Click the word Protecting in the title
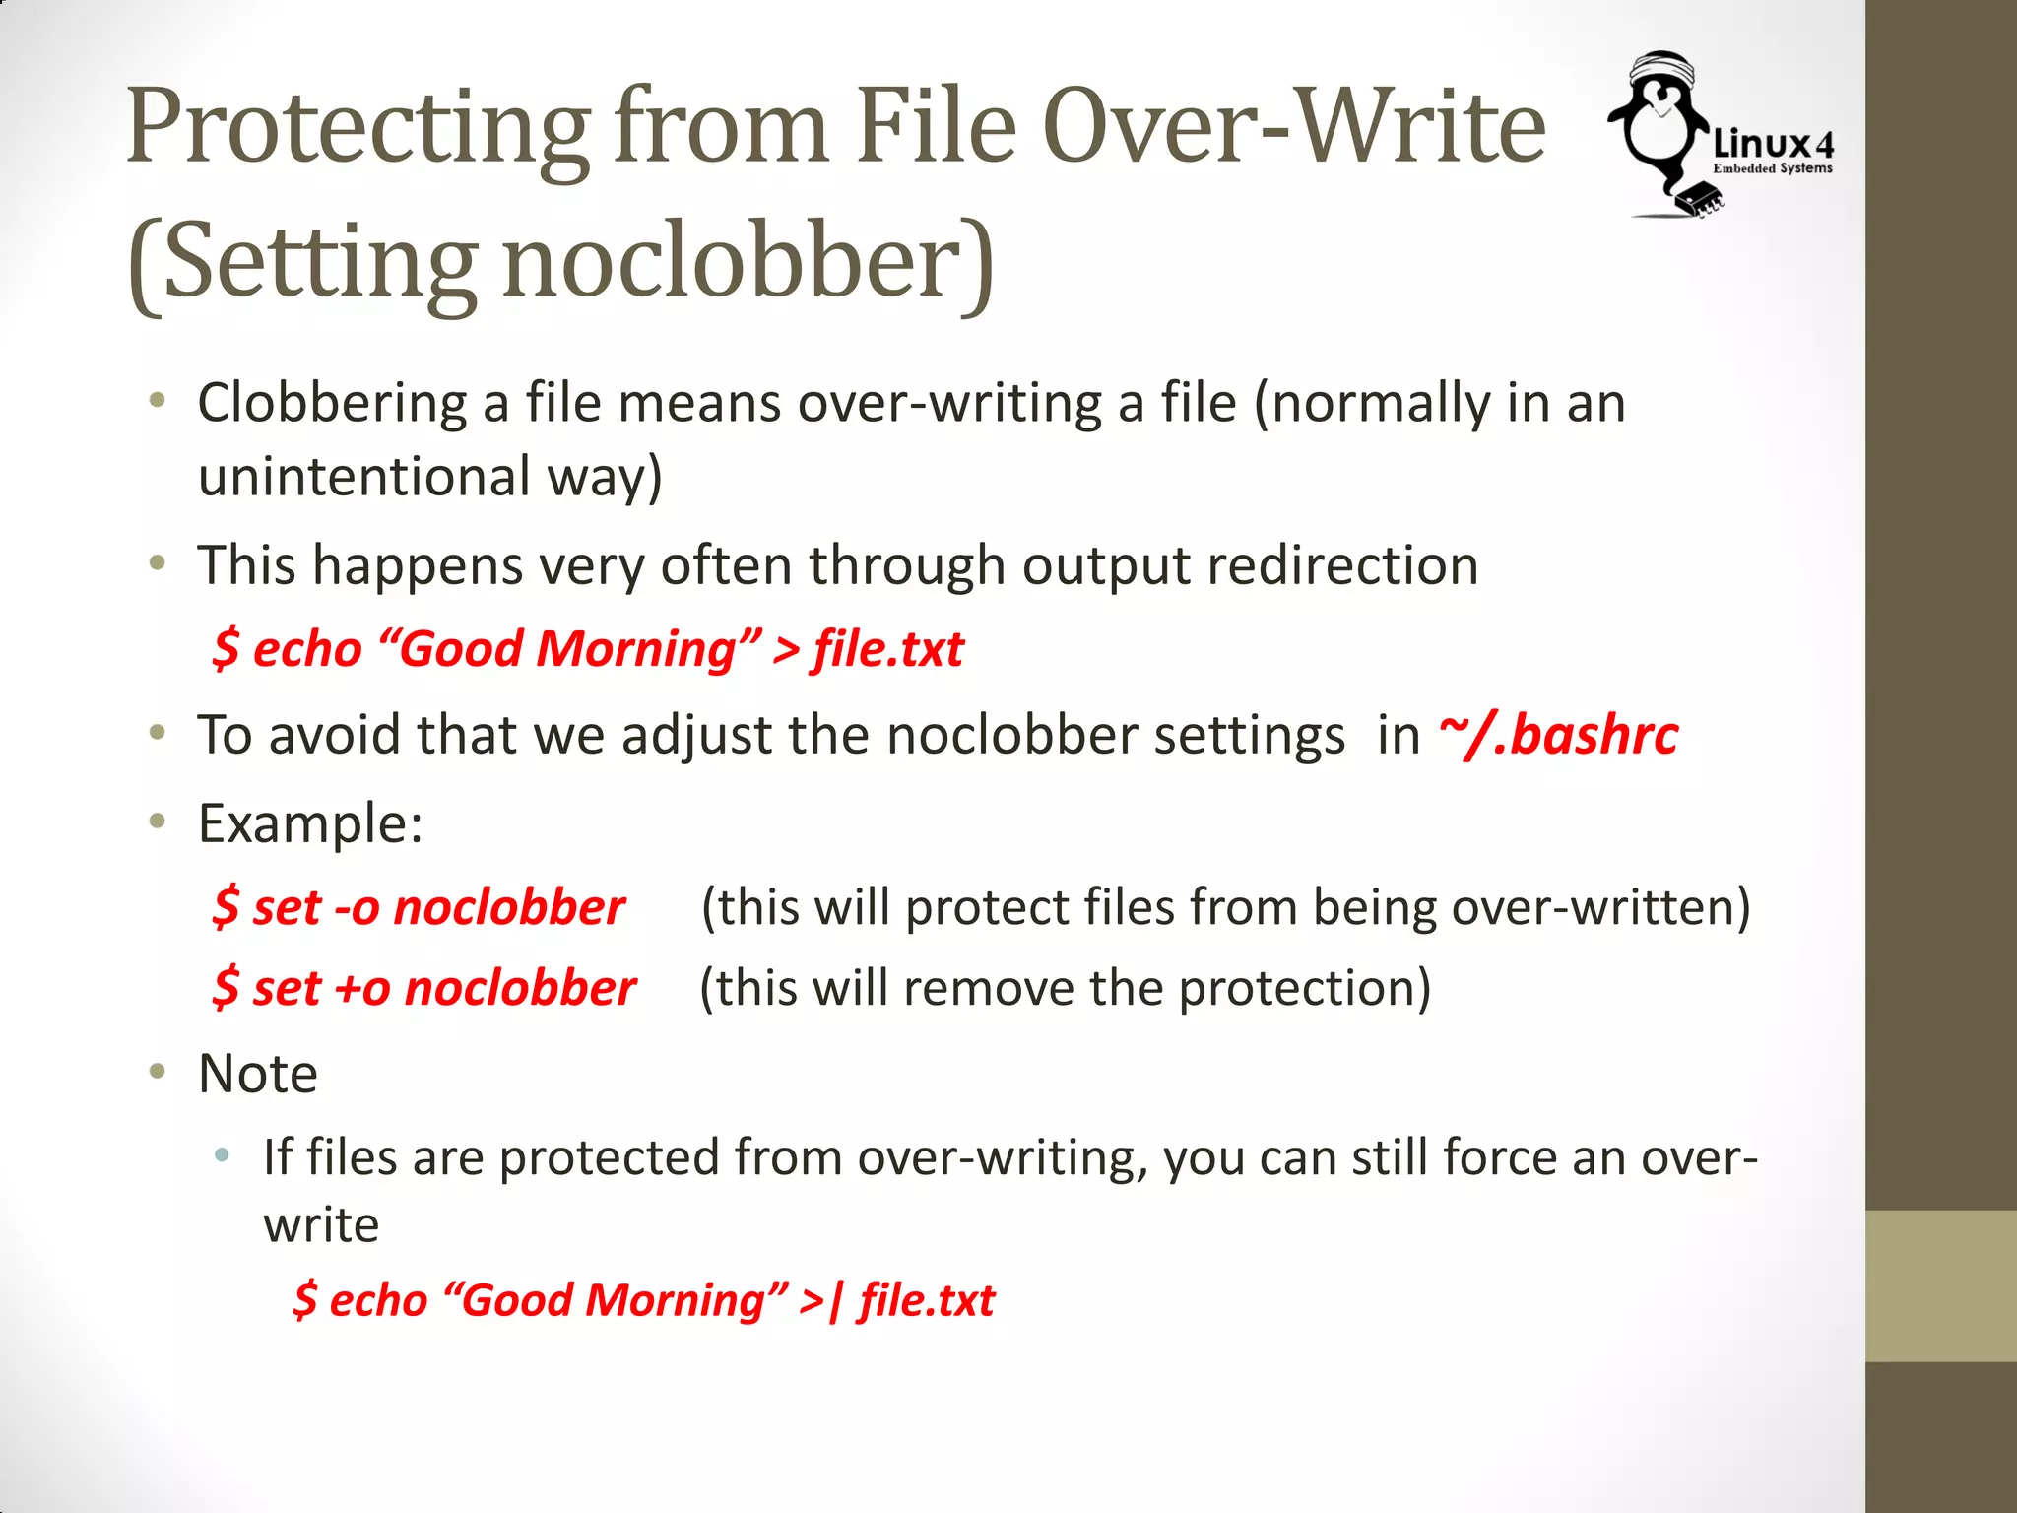357,128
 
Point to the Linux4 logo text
1773,146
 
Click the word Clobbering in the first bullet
332,403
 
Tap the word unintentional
363,477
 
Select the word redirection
1342,565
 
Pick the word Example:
310,822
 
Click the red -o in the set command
356,907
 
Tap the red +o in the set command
361,988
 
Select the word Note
258,1073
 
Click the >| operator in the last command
821,1300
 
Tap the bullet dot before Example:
157,821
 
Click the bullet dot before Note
157,1071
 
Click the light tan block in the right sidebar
1940,1285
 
